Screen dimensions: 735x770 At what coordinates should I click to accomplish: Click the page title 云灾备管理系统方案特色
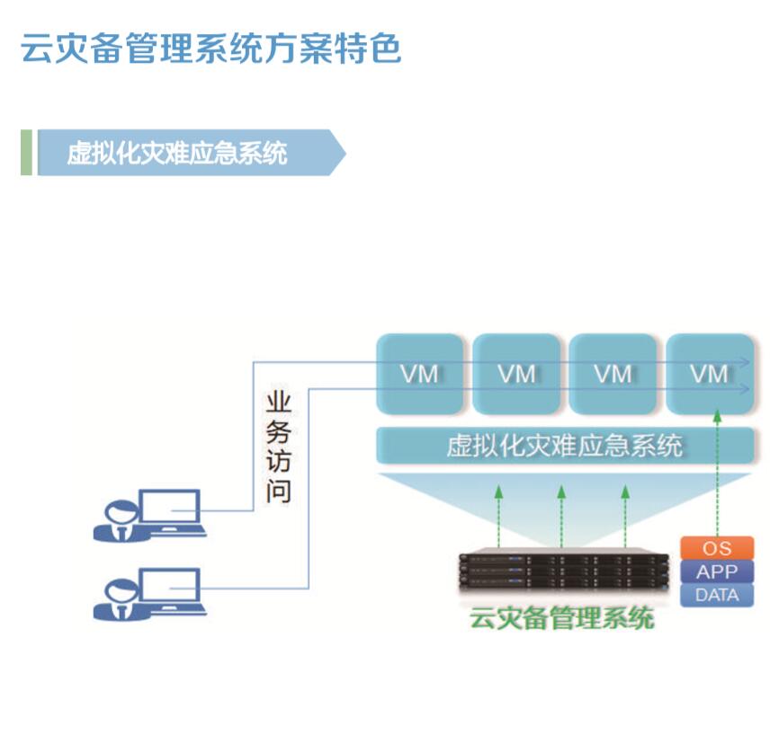tap(210, 49)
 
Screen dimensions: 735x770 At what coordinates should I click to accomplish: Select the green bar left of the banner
tap(26, 153)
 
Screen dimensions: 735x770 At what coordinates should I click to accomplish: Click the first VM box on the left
tap(420, 374)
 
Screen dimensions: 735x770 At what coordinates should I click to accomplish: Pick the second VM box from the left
tap(516, 374)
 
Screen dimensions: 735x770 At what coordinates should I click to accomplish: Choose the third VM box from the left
tap(613, 374)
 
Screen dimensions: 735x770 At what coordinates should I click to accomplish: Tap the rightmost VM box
tap(710, 374)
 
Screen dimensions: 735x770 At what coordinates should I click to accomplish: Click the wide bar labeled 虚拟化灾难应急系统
tap(565, 446)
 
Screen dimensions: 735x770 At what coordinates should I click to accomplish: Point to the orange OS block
tap(717, 547)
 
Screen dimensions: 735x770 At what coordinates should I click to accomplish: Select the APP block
tap(717, 571)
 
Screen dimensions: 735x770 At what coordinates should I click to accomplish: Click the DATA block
tap(717, 595)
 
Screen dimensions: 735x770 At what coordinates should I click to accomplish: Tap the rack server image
tap(565, 570)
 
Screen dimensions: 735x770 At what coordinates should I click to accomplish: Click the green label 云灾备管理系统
tap(562, 619)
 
